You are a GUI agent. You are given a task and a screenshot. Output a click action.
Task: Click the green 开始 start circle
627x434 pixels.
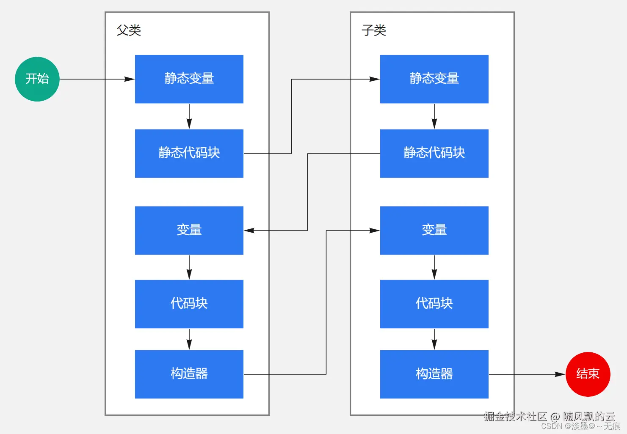[x=37, y=79]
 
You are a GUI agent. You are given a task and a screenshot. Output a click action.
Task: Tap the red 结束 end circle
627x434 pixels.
[x=588, y=374]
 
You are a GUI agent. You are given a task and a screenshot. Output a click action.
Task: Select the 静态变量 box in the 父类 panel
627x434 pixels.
[x=189, y=79]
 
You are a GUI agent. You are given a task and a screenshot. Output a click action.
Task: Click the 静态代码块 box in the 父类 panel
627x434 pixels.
[x=189, y=153]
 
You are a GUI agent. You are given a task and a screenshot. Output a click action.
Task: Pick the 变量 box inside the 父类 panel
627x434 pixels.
[x=189, y=230]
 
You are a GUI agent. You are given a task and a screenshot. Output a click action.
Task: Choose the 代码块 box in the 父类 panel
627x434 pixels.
[x=189, y=304]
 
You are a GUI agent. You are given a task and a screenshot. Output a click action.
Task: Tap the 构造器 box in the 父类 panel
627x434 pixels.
[x=189, y=374]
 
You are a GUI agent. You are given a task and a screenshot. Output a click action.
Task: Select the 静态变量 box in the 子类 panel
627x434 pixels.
[x=434, y=79]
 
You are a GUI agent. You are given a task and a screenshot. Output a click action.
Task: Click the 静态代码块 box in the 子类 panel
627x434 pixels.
[x=434, y=153]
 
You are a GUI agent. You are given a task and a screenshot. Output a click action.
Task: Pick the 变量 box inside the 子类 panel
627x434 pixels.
[x=434, y=230]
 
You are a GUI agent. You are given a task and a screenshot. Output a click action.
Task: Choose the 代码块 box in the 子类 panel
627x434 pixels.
[x=434, y=304]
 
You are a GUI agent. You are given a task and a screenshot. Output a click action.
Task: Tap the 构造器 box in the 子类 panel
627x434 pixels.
[x=434, y=374]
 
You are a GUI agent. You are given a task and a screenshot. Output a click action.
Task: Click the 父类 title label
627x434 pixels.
[x=129, y=30]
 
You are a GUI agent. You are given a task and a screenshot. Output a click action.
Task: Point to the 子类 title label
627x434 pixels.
[x=373, y=30]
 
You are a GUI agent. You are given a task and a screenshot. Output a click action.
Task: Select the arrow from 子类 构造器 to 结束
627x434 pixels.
[x=527, y=374]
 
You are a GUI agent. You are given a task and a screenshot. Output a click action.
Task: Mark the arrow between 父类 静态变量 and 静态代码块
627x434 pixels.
[x=189, y=116]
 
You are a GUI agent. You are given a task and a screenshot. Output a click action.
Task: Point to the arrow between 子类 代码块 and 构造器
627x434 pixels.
[x=434, y=339]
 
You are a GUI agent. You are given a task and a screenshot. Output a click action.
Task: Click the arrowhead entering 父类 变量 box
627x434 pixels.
[x=249, y=231]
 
